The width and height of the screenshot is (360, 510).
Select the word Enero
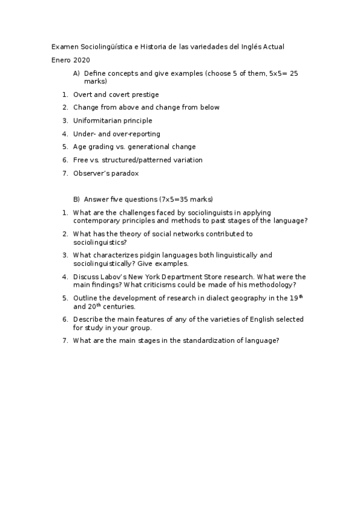[x=61, y=60]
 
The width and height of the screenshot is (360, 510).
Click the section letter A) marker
[x=76, y=73]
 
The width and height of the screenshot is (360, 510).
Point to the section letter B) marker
[x=76, y=199]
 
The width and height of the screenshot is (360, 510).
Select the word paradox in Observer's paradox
[x=126, y=174]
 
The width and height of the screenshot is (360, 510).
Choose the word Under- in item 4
[x=84, y=134]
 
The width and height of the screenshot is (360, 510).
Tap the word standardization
[x=211, y=340]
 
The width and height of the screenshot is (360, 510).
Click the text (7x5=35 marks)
[x=186, y=199]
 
